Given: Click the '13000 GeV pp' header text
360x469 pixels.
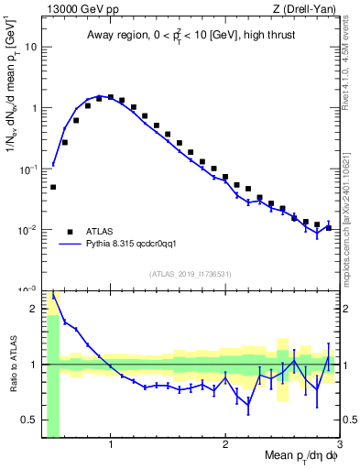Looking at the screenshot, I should [77, 8].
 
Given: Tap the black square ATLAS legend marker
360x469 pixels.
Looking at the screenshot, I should [70, 232].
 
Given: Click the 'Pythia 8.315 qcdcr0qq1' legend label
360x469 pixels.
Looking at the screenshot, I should [139, 245].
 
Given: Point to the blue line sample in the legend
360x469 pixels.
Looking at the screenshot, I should [70, 245].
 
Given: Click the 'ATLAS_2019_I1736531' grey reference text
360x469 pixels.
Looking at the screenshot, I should [190, 274].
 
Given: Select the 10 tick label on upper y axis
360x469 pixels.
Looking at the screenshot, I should [31, 47].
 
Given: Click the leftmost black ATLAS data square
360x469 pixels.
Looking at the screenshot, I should [53, 187].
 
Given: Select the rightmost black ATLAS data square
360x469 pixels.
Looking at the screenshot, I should [328, 227].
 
